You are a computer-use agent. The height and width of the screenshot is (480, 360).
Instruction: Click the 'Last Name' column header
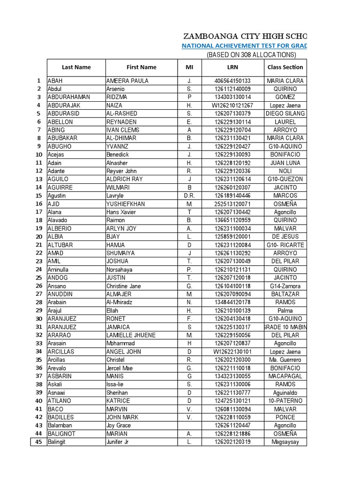click(76, 67)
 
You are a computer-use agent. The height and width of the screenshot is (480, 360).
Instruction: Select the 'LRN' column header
click(232, 67)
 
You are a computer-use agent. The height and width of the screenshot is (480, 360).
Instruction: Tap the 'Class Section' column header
click(285, 67)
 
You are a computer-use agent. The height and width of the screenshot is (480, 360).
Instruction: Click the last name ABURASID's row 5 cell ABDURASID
click(62, 113)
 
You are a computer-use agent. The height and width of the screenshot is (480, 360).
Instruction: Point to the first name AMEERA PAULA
click(127, 81)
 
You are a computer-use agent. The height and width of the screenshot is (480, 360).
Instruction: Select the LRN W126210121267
click(232, 105)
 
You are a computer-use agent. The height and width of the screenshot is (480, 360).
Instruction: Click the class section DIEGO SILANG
click(285, 113)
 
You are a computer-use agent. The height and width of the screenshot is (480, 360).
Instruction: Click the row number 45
click(38, 442)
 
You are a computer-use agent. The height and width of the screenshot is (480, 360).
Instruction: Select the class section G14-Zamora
click(285, 286)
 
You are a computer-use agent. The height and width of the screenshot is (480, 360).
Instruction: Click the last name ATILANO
click(61, 401)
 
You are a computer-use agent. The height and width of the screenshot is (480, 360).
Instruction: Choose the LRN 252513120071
click(232, 204)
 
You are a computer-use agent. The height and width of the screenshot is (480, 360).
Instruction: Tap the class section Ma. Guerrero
click(285, 360)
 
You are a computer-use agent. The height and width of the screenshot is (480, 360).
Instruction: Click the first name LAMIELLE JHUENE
click(131, 335)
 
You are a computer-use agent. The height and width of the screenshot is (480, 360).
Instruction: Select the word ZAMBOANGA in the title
click(206, 36)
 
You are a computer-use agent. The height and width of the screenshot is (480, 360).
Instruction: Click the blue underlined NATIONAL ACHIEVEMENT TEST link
click(244, 45)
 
